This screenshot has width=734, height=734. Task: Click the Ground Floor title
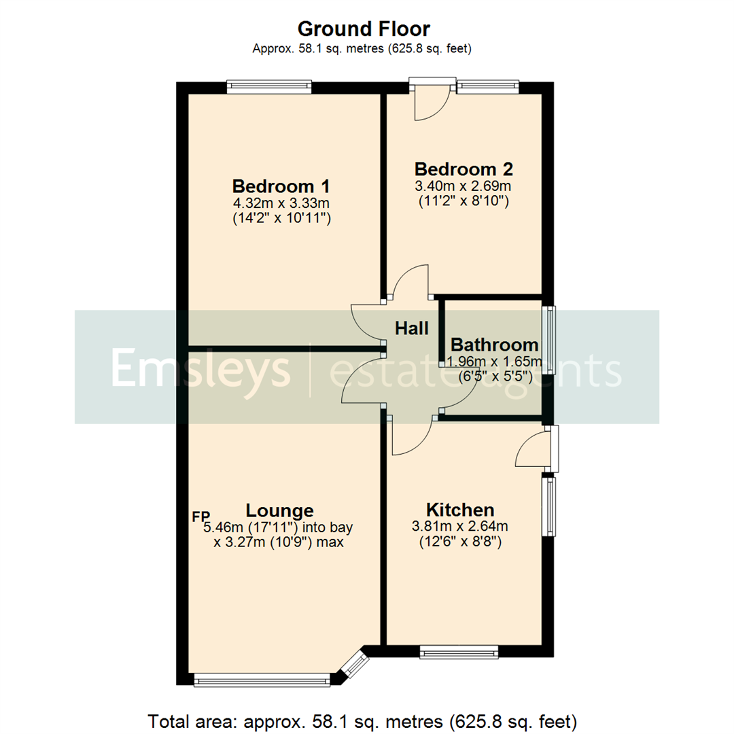click(364, 29)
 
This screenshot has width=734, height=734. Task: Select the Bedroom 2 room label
click(464, 169)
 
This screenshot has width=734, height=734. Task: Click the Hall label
click(413, 329)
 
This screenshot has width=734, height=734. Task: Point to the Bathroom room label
click(494, 345)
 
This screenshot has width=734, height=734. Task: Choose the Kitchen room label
click(460, 510)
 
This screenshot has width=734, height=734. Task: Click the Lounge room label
click(279, 510)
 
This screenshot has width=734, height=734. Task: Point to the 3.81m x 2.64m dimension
click(460, 526)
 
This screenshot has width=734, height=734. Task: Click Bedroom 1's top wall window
click(269, 86)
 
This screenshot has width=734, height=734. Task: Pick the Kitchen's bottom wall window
click(459, 652)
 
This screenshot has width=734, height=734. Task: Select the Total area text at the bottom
click(364, 720)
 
